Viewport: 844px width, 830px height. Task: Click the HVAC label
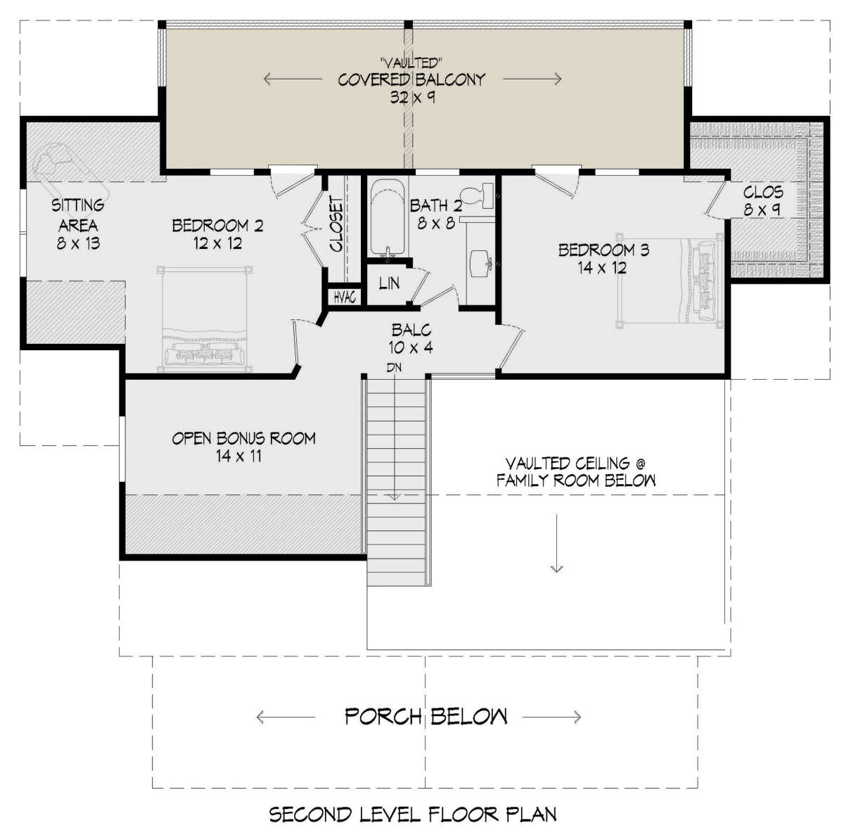(x=344, y=298)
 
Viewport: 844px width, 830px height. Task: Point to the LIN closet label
(x=389, y=283)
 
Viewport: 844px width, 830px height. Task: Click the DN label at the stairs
(x=394, y=367)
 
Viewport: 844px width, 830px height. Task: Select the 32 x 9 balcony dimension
(x=413, y=97)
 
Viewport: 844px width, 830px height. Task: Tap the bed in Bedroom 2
(x=205, y=319)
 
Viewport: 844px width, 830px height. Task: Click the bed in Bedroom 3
(x=670, y=281)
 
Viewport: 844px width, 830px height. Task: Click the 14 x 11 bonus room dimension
(x=238, y=456)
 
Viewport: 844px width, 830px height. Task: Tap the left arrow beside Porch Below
(x=286, y=717)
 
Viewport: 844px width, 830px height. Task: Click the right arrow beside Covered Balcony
(x=532, y=79)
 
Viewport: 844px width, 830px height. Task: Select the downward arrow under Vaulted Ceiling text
(x=556, y=543)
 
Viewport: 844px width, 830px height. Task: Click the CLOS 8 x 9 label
(x=762, y=200)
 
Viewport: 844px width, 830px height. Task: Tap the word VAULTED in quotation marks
(x=412, y=63)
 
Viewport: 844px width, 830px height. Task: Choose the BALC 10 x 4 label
(x=411, y=339)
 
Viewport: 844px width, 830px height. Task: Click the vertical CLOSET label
(x=336, y=224)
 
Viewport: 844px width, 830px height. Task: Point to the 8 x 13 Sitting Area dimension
(x=78, y=243)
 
